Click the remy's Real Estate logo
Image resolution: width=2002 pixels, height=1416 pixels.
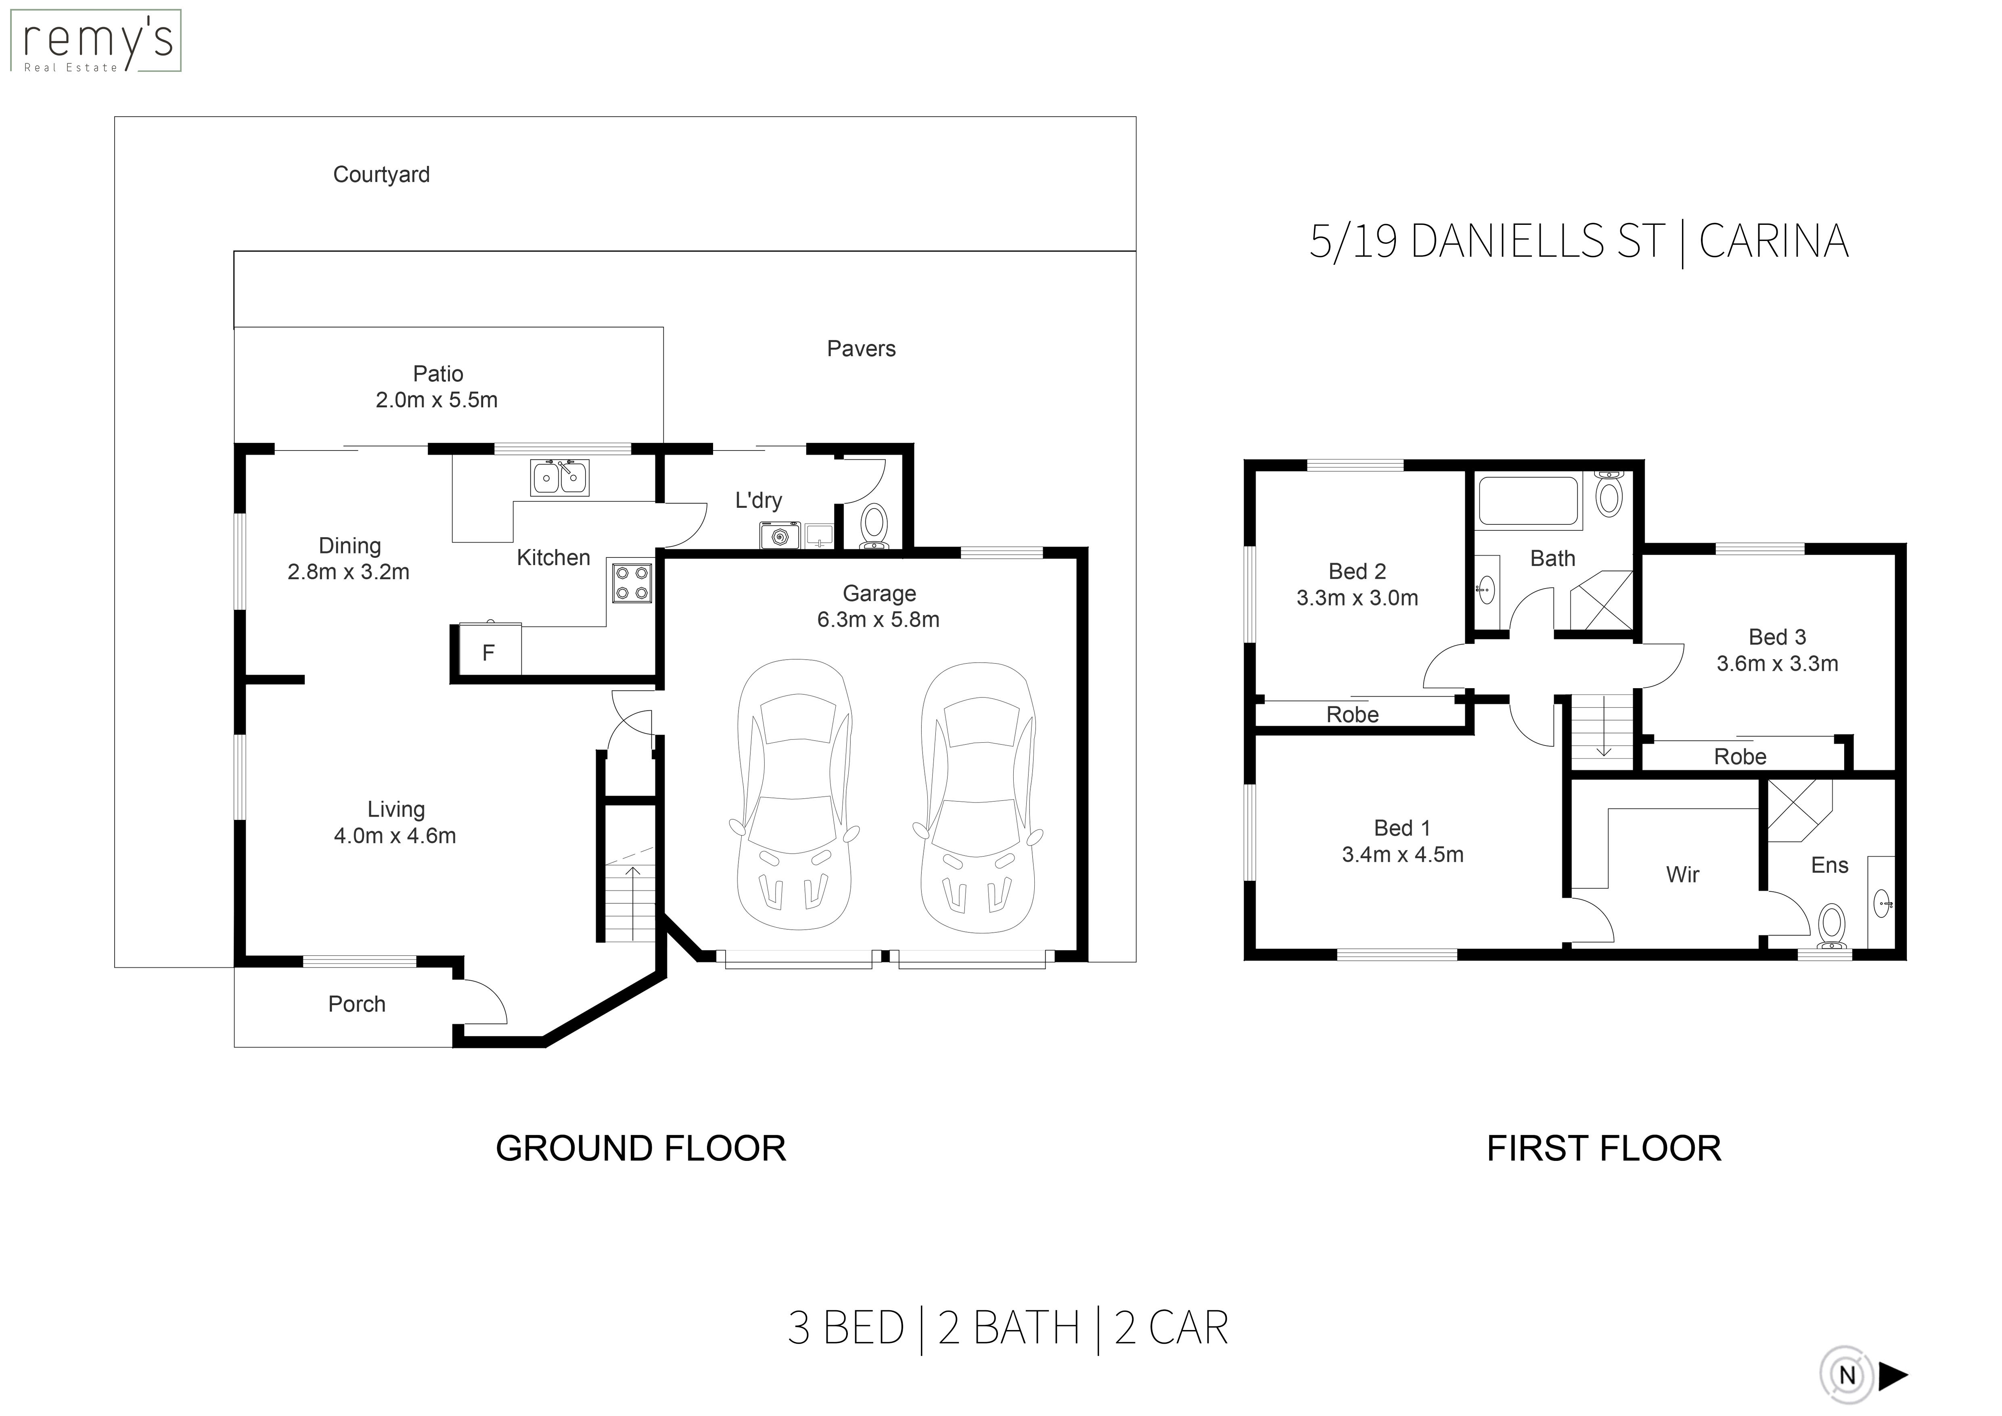click(95, 41)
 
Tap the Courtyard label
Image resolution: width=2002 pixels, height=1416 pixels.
click(381, 175)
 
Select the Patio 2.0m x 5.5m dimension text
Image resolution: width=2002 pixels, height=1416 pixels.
click(437, 400)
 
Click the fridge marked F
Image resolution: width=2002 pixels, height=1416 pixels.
click(488, 649)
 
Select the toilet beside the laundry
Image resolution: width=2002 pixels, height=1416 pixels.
click(874, 528)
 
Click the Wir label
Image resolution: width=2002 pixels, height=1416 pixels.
click(1683, 875)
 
